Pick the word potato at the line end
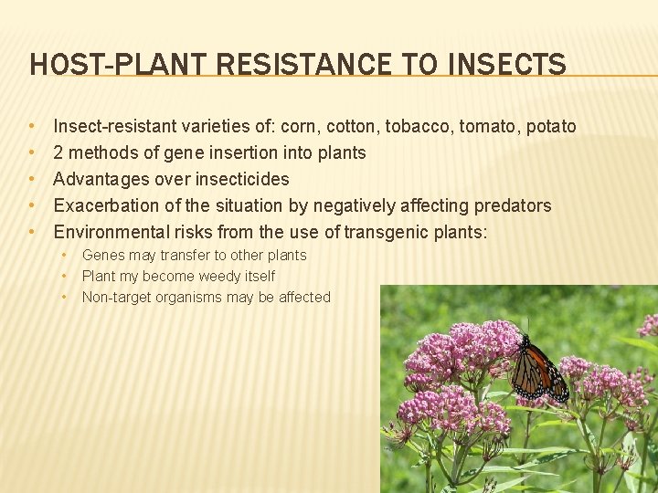[x=550, y=126]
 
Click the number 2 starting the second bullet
[x=58, y=152]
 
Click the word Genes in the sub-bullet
[x=102, y=256]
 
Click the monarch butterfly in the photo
[x=536, y=370]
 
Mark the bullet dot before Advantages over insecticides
[x=32, y=179]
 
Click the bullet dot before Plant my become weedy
[x=66, y=276]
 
